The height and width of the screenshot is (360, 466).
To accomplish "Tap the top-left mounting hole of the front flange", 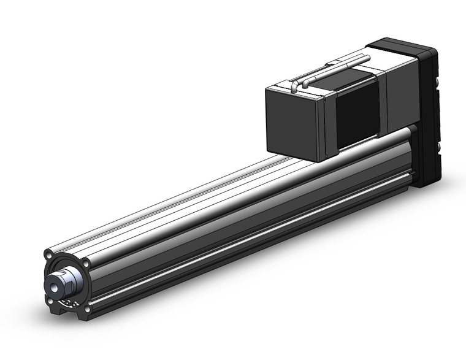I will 48,253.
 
